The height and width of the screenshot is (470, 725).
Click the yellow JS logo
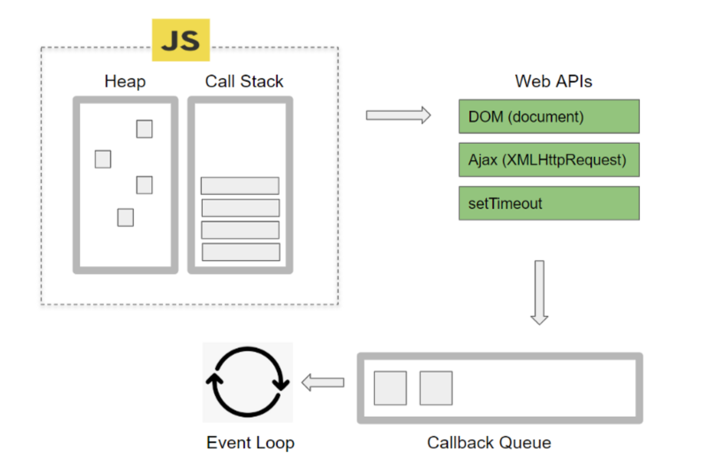click(x=181, y=40)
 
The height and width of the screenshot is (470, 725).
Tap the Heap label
click(x=125, y=82)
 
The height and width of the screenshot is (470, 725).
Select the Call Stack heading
click(x=244, y=82)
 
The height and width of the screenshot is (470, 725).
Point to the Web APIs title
click(x=553, y=82)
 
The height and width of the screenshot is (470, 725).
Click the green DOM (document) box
click(x=549, y=117)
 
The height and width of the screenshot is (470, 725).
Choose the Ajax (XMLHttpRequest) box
click(x=549, y=160)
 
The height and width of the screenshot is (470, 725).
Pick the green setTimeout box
click(x=549, y=203)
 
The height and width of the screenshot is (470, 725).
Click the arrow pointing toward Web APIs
click(x=398, y=116)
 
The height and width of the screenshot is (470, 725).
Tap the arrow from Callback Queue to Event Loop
click(x=323, y=383)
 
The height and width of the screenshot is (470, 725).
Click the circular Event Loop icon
click(x=247, y=382)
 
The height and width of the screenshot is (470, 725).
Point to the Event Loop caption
click(x=250, y=443)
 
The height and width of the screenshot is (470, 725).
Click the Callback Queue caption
click(x=489, y=443)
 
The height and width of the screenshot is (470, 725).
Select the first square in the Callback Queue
click(x=390, y=388)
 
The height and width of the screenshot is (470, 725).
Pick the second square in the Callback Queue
click(x=436, y=388)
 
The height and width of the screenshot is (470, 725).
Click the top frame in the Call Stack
click(x=240, y=186)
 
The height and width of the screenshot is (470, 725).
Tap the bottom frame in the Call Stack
click(x=241, y=252)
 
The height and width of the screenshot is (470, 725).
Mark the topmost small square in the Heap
click(x=144, y=129)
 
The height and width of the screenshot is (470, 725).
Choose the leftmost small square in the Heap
click(x=103, y=159)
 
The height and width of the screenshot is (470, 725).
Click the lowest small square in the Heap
click(x=125, y=217)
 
